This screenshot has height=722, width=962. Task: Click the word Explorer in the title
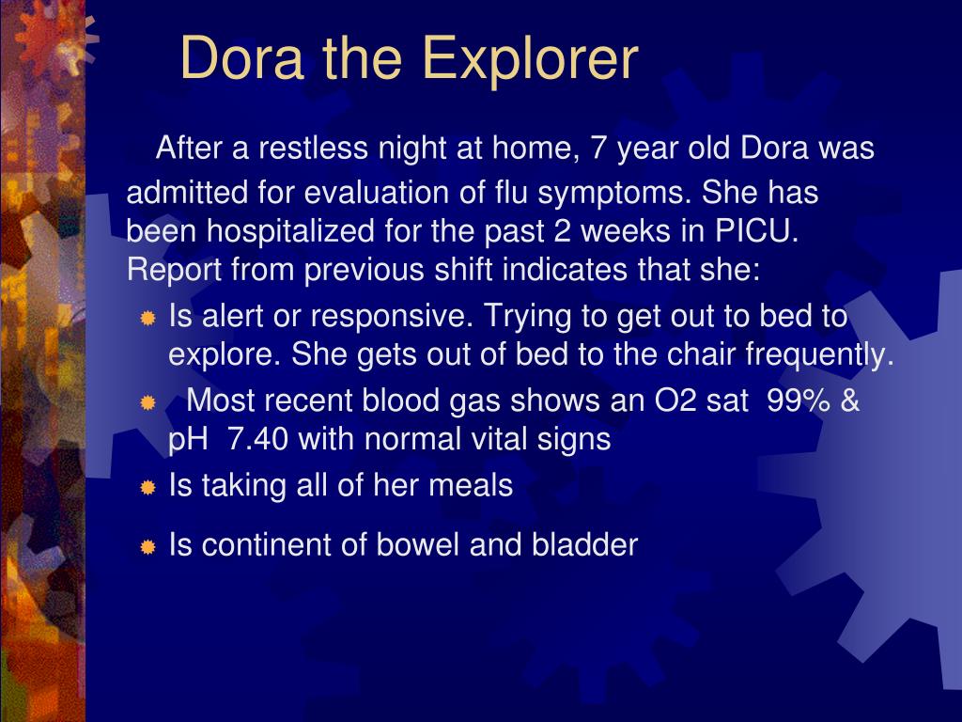[x=530, y=58]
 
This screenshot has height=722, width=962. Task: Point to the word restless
[x=314, y=149]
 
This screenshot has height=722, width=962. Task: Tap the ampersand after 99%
[x=850, y=400]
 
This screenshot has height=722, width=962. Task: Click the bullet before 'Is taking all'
[x=147, y=488]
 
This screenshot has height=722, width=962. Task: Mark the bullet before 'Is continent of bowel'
[x=147, y=546]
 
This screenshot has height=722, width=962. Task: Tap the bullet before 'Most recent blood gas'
[x=147, y=403]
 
